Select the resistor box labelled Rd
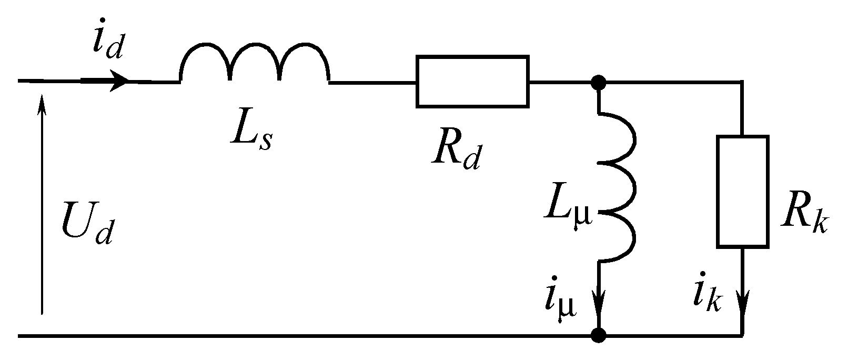pyautogui.click(x=472, y=82)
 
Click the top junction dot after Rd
pyautogui.click(x=599, y=82)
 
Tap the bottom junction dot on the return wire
pyautogui.click(x=599, y=335)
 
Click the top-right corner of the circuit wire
pyautogui.click(x=742, y=82)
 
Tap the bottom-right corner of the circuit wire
pyautogui.click(x=742, y=335)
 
